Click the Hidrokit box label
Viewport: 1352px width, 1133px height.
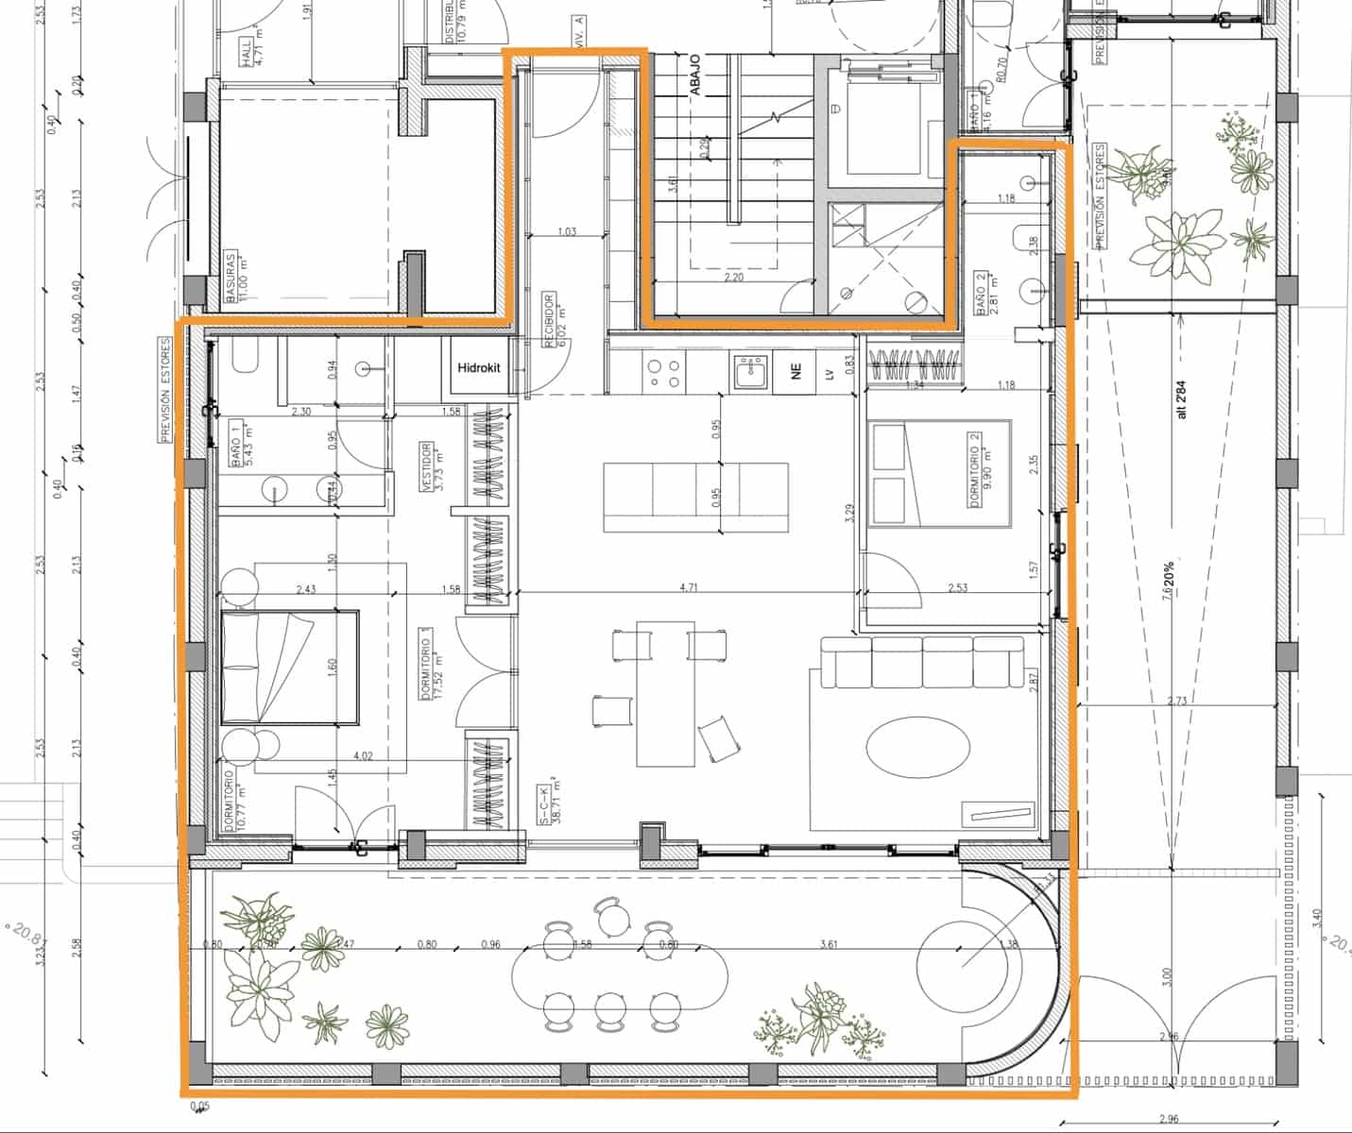[479, 367]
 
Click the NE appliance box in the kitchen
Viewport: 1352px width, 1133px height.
[796, 373]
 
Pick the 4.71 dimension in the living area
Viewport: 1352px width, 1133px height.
[689, 588]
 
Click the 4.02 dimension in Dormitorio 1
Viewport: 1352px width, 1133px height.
[362, 756]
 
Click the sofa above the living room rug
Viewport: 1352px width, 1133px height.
[921, 662]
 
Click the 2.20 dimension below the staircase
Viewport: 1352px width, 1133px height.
[735, 278]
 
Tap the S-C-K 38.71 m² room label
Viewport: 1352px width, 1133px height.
[549, 803]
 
